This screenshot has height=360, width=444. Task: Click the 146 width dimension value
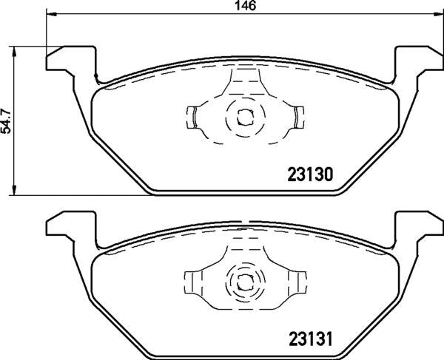coord(246,6)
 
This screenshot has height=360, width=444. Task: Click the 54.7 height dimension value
coord(6,120)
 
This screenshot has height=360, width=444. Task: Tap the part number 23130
coord(310,174)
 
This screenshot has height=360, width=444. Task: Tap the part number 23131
coord(310,339)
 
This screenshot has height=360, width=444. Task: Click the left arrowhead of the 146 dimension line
coord(51,13)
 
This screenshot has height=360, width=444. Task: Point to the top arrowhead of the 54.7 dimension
coord(13,52)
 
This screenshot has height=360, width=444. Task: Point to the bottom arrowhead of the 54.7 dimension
coord(13,190)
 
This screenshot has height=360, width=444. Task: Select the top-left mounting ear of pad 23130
coord(71,59)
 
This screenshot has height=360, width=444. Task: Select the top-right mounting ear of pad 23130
coord(419,59)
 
